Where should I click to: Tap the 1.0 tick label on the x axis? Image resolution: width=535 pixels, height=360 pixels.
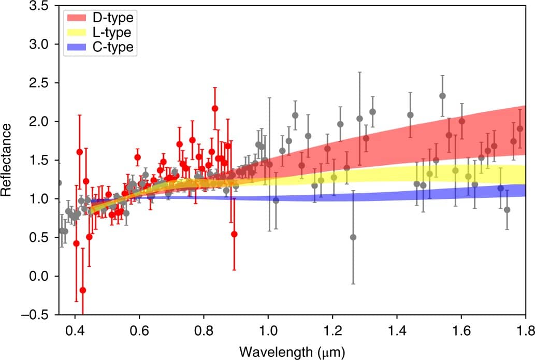pyautogui.click(x=268, y=328)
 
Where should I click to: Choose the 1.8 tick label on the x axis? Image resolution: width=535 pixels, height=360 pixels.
pyautogui.click(x=525, y=328)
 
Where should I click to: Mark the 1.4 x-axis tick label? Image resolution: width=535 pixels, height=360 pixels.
pyautogui.click(x=397, y=328)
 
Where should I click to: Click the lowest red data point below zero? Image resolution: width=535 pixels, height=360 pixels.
pyautogui.click(x=83, y=290)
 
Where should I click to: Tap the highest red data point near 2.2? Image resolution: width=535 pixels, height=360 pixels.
pyautogui.click(x=215, y=109)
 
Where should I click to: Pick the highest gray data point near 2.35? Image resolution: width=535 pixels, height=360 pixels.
pyautogui.click(x=442, y=96)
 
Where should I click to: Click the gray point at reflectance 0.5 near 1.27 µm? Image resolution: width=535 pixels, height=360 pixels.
pyautogui.click(x=353, y=237)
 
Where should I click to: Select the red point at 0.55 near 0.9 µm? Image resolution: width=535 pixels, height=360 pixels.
pyautogui.click(x=234, y=234)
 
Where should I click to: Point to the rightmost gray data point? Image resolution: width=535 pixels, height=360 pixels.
pyautogui.click(x=507, y=210)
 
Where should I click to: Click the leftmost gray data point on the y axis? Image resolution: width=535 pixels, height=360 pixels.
pyautogui.click(x=59, y=183)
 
